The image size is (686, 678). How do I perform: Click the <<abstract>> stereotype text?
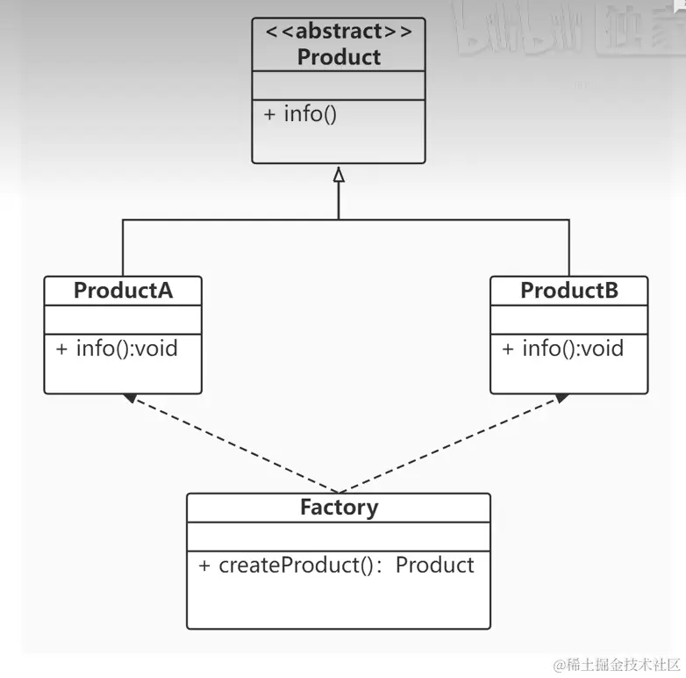(339, 32)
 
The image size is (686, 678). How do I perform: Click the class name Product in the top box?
(339, 57)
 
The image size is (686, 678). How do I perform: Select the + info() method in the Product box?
(299, 114)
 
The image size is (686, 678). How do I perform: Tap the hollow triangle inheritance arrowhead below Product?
(339, 175)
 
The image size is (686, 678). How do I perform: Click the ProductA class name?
(123, 291)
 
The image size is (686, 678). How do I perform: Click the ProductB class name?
(569, 291)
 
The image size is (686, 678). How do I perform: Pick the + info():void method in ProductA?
(117, 349)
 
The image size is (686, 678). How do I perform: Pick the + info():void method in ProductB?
(562, 349)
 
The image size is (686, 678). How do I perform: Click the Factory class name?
(339, 508)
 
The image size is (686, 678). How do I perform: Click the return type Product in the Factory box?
(434, 565)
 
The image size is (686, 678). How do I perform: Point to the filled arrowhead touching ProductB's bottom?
(560, 398)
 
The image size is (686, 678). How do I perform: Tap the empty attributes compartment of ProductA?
(123, 319)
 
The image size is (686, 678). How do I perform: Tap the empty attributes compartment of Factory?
(339, 536)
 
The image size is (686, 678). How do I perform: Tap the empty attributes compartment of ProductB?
(569, 319)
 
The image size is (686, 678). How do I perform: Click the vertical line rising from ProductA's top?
(123, 250)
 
